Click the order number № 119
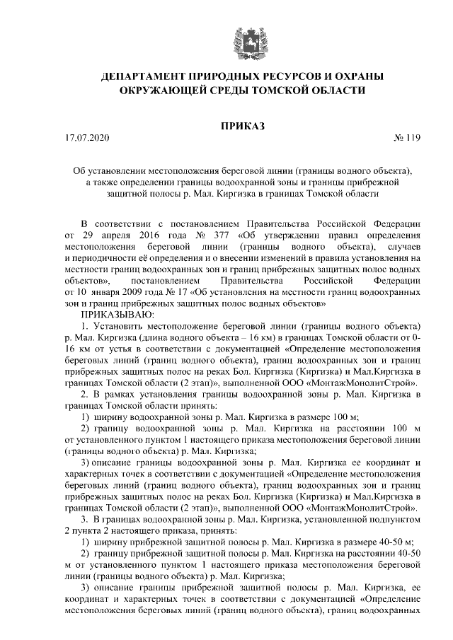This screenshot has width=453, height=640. pyautogui.click(x=406, y=139)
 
